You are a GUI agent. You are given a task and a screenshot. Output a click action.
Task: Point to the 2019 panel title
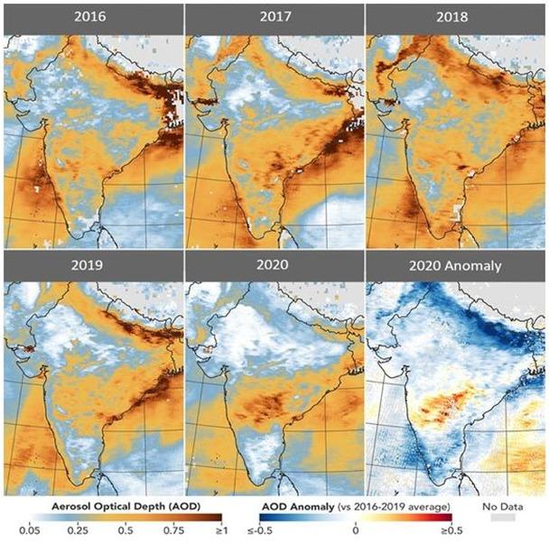pyautogui.click(x=91, y=267)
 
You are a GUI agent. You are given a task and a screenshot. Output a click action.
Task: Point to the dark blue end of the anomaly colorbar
pyautogui.click(x=287, y=517)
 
